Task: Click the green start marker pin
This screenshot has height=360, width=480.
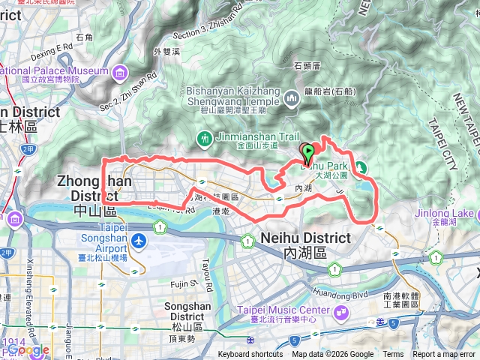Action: click(x=307, y=152)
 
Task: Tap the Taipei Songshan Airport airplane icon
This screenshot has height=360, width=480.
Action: click(x=139, y=241)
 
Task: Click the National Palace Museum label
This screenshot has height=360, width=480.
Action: click(x=54, y=71)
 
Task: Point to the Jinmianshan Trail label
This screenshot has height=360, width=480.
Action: click(x=248, y=136)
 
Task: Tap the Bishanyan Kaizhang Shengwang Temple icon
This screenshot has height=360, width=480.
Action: click(x=291, y=98)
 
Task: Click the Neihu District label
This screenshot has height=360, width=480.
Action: click(x=306, y=238)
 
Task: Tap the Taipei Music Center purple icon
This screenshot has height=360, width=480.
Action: click(x=342, y=311)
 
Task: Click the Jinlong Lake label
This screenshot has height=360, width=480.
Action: click(x=445, y=213)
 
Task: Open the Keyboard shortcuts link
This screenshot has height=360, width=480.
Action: click(x=250, y=355)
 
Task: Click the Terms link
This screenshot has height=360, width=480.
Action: click(x=393, y=355)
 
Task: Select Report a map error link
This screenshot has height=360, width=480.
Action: click(x=444, y=355)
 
